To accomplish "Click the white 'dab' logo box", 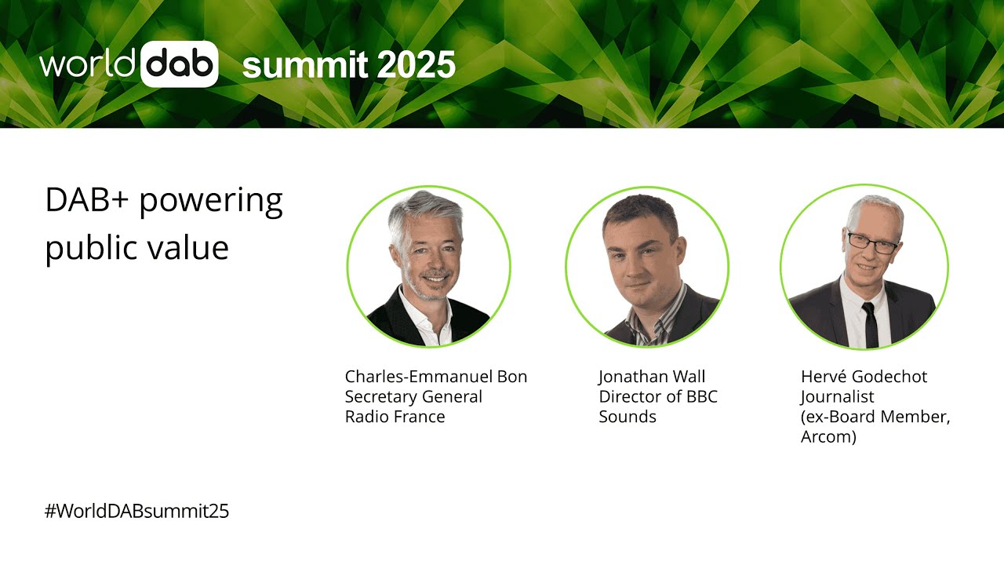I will [180, 64].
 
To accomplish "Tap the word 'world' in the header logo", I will [89, 64].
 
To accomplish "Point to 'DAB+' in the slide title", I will [87, 201].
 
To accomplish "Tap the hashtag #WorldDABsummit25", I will [136, 511].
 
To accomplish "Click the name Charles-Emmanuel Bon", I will [436, 377].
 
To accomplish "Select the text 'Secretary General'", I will [413, 397].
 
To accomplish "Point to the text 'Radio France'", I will [395, 417].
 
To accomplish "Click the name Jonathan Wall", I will [652, 377].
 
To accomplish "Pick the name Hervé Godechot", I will [864, 377].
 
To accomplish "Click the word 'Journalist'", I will [837, 397].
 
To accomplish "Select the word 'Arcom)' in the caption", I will [828, 437].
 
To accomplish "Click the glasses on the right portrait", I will [873, 241].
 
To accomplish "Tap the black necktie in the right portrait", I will [871, 323].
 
